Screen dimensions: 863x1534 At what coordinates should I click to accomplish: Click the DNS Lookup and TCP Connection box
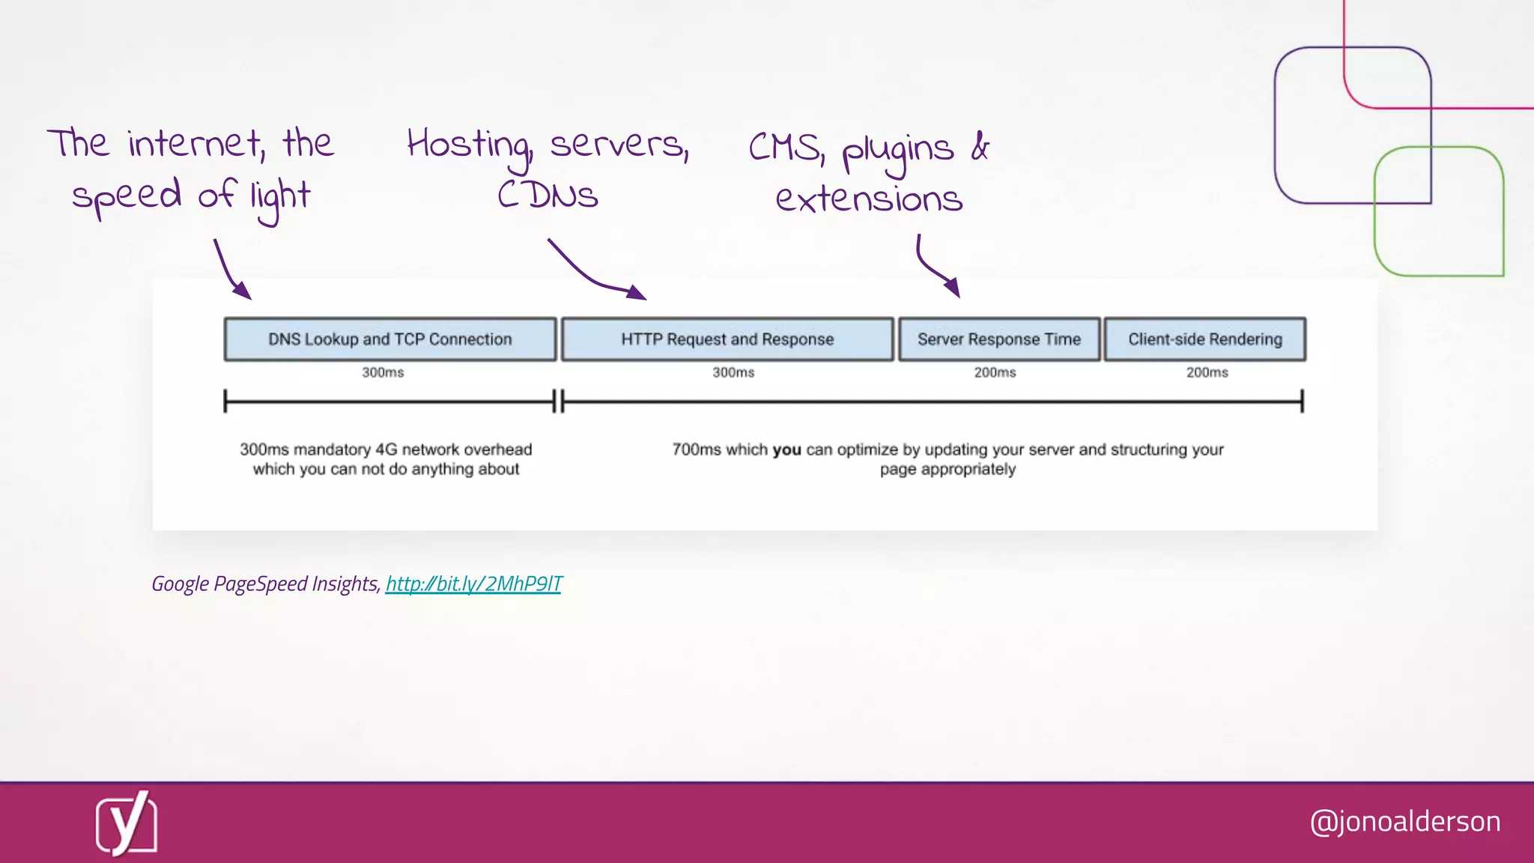tap(389, 339)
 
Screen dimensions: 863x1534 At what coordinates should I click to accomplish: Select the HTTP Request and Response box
tap(727, 339)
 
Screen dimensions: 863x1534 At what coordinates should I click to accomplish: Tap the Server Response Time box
tap(999, 339)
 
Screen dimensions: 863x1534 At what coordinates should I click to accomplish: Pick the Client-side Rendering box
tap(1204, 339)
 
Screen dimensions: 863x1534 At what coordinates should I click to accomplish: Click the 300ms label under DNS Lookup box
tap(383, 372)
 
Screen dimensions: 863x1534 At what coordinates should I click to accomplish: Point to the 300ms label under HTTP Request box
tap(733, 372)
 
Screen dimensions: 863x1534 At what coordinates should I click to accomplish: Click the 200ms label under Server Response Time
tap(995, 372)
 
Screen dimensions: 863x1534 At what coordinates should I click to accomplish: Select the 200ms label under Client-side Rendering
tap(1207, 372)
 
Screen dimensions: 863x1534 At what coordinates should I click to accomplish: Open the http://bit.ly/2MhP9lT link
tap(473, 584)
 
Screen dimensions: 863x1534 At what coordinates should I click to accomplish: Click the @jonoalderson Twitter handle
tap(1405, 822)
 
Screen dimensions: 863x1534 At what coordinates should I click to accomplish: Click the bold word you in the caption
tap(786, 449)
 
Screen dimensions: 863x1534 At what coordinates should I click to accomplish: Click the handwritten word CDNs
tap(548, 196)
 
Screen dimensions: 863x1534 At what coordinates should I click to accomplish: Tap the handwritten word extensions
tap(869, 199)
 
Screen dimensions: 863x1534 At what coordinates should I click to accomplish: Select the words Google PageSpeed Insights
tap(265, 584)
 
